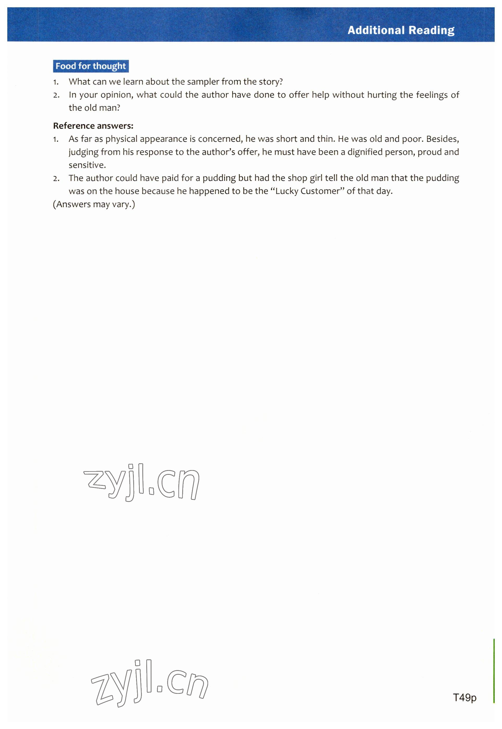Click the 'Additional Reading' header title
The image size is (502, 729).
(401, 30)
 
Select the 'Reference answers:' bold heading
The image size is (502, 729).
(93, 126)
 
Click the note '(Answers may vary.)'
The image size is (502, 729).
(94, 204)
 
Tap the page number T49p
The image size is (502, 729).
(464, 697)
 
